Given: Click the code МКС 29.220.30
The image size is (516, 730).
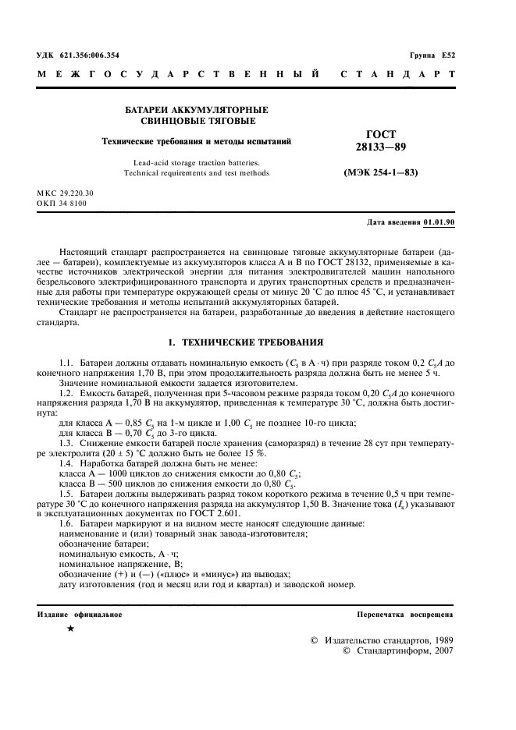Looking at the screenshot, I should (x=65, y=193).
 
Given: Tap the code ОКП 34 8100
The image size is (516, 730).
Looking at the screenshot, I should (x=62, y=203).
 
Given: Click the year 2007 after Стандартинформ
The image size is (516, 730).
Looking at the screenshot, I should (x=441, y=650).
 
